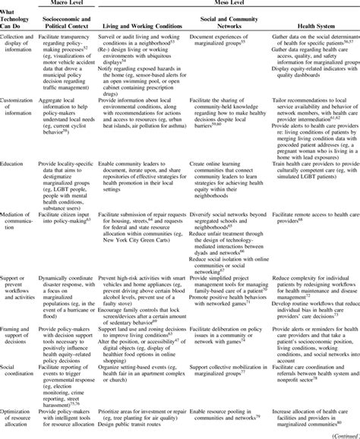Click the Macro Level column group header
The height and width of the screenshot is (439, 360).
tap(68, 5)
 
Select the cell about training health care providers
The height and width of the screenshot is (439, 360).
tap(308, 179)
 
